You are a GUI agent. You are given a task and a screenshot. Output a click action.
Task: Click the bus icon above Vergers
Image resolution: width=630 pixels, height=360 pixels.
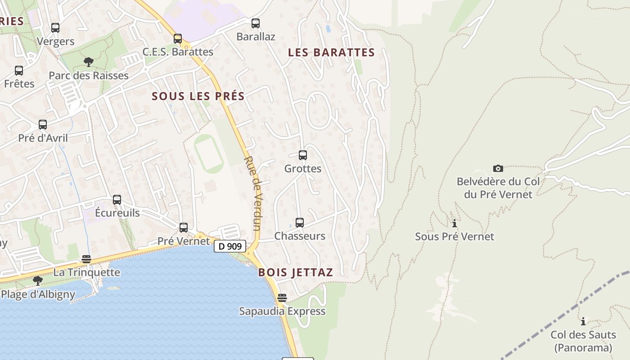pos(55,28)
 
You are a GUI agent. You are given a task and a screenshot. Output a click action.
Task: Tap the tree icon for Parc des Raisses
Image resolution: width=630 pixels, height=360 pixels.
pos(89,62)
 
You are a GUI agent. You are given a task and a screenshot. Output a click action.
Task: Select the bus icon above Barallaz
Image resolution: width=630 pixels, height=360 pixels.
pos(256,23)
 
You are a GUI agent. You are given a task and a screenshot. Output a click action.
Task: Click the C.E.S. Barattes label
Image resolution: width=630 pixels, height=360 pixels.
pos(178,52)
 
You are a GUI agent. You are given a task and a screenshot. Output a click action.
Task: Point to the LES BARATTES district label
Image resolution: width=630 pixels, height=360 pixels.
pos(331,53)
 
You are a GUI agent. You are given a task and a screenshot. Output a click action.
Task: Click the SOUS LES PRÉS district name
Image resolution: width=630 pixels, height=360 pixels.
pos(198,96)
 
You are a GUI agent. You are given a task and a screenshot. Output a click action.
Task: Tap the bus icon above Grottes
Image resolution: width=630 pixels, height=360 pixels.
pos(303,155)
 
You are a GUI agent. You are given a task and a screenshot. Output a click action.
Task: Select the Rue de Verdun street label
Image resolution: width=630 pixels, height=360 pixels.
pos(253,193)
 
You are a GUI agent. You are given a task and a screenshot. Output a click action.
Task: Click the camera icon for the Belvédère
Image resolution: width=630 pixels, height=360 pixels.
pos(498,168)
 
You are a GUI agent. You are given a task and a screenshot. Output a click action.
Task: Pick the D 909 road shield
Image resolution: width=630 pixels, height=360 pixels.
pos(230,246)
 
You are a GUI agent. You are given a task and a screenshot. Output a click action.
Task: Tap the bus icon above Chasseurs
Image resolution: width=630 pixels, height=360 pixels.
pos(300,222)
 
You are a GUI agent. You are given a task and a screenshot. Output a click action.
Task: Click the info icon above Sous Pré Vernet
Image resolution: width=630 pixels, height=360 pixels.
pos(454,223)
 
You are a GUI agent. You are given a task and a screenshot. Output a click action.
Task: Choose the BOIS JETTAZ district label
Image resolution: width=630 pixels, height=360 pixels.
pos(296,272)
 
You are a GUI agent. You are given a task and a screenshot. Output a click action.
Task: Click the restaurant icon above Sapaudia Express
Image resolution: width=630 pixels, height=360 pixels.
pos(282,298)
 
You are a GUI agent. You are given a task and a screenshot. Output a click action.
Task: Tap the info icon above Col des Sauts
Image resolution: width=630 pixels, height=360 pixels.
pos(583,321)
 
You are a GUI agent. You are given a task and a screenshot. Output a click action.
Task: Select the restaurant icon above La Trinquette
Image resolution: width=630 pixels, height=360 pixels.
pos(86,259)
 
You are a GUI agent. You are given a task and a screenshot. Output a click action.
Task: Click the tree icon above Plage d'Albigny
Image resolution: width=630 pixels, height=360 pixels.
pos(38,281)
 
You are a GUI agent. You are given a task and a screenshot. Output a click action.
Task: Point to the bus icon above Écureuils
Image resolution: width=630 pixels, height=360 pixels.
pos(117,199)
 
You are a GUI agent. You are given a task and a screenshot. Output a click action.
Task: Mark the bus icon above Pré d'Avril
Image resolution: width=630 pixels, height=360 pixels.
pos(43,125)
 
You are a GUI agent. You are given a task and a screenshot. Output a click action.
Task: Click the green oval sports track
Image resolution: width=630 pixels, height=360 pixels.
pos(208,154)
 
